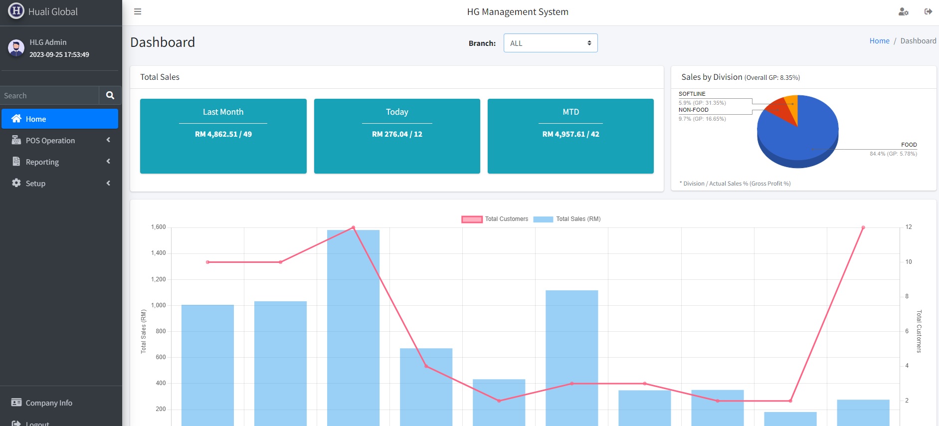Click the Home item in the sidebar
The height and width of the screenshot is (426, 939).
coord(36,119)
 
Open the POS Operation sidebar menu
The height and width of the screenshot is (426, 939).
coord(50,141)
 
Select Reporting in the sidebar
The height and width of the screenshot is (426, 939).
coord(42,162)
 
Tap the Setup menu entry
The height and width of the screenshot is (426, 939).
coord(35,184)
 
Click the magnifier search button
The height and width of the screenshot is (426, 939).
coord(110,95)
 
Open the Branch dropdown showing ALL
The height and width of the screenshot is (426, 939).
coord(550,43)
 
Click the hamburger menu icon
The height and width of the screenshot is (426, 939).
coord(138,11)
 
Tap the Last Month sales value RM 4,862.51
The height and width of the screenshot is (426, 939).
coord(223,134)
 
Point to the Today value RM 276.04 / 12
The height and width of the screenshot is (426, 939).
coord(397,134)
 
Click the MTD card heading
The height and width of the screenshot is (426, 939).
coord(570,112)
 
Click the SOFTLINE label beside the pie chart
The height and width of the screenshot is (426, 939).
coord(692,94)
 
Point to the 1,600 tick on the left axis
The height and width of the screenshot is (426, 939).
coord(159,227)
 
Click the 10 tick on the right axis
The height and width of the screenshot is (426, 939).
coord(909,262)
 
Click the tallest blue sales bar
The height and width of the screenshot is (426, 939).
coord(353,324)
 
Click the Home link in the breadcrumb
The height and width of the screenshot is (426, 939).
coord(879,41)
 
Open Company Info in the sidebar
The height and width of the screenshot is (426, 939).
coord(49,403)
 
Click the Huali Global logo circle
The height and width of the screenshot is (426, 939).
coord(16,11)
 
